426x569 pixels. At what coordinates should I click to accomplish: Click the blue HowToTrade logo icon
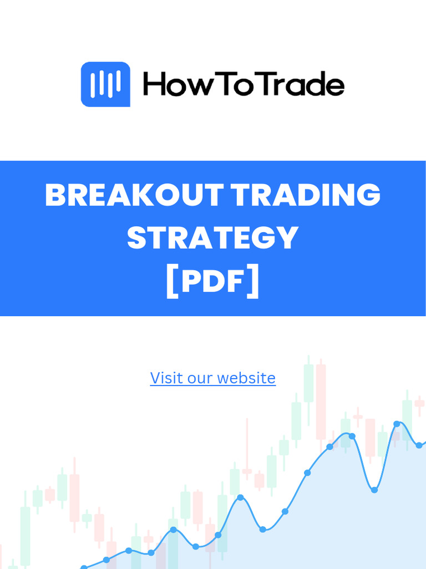click(105, 84)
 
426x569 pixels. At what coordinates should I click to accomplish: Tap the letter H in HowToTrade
click(154, 86)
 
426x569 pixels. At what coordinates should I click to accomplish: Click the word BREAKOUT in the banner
click(133, 196)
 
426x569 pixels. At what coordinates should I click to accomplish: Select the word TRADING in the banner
click(306, 196)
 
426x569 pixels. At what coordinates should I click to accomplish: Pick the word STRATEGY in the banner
click(213, 238)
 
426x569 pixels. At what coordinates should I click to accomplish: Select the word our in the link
click(197, 378)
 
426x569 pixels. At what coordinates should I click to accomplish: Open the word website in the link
click(246, 378)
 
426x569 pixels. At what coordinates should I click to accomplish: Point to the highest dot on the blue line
click(397, 424)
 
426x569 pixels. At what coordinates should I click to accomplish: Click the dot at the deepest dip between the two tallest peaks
click(374, 490)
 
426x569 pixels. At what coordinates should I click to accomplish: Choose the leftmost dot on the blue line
click(84, 567)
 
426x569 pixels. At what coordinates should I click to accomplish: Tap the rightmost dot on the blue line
click(419, 445)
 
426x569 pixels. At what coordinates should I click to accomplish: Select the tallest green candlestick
click(308, 383)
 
